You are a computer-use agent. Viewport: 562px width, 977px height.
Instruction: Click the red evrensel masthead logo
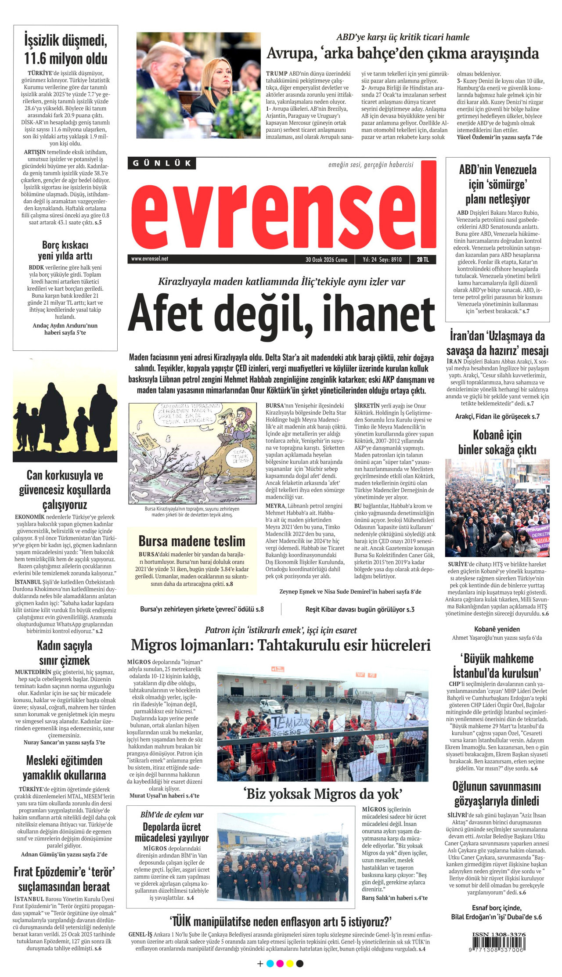pyautogui.click(x=283, y=213)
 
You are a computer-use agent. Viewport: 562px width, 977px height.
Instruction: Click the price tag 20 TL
pyautogui.click(x=423, y=260)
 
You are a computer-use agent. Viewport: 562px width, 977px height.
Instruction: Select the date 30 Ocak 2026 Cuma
pyautogui.click(x=326, y=260)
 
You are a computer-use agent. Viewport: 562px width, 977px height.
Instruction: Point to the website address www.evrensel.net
pyautogui.click(x=150, y=259)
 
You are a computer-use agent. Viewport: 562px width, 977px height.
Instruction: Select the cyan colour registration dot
pyautogui.click(x=270, y=963)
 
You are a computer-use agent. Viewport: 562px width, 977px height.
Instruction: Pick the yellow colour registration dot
pyautogui.click(x=290, y=963)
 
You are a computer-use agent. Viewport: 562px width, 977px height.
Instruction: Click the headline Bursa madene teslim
pyautogui.click(x=192, y=541)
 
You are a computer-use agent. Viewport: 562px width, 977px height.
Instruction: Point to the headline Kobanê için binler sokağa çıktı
pyautogui.click(x=497, y=442)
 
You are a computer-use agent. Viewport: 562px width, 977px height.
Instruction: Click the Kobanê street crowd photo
pyautogui.click(x=497, y=508)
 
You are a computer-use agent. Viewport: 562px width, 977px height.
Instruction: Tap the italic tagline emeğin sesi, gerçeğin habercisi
pyautogui.click(x=371, y=165)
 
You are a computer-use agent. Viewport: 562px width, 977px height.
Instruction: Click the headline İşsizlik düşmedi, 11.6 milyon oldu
pyautogui.click(x=65, y=49)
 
